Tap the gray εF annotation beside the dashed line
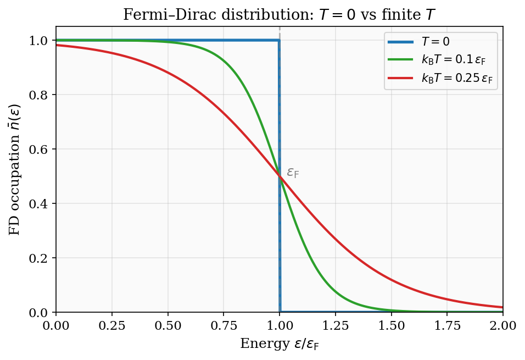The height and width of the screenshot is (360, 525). [293, 173]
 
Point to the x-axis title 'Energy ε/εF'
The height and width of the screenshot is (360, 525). [279, 345]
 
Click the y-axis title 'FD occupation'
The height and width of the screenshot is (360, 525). [14, 169]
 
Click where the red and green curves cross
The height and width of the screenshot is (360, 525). [280, 176]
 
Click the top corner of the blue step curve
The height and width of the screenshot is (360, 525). [280, 40]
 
